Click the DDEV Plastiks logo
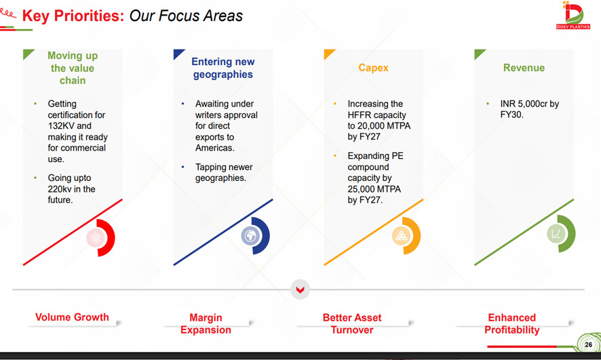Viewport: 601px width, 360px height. (573, 16)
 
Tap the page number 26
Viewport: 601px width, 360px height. (588, 344)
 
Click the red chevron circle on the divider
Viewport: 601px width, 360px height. (300, 289)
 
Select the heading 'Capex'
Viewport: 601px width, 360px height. (373, 68)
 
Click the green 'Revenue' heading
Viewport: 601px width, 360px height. (524, 68)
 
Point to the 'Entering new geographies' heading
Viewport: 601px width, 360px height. (223, 68)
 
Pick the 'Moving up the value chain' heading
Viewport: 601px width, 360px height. (73, 68)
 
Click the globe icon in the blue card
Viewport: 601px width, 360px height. (250, 235)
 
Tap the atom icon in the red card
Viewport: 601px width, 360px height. (96, 238)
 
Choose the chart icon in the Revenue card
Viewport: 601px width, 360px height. (556, 233)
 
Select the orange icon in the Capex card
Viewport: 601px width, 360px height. (401, 235)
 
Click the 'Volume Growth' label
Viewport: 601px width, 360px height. (72, 317)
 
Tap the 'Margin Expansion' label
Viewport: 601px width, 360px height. (206, 323)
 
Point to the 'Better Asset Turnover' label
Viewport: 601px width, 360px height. (352, 323)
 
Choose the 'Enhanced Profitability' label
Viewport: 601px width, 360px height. (512, 323)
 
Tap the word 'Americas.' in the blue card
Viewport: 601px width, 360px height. (214, 148)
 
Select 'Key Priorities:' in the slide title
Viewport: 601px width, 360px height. (73, 16)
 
